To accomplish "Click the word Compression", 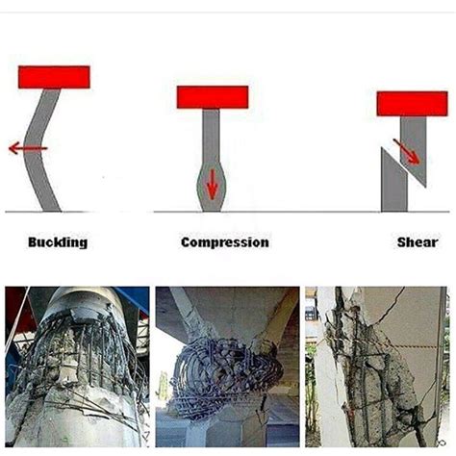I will point(224,242).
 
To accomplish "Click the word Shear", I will point(417,242).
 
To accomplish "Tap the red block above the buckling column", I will point(54,77).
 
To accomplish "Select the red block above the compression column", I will point(213,96).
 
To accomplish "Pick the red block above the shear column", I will point(412,103).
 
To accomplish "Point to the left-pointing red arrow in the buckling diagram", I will point(27,147).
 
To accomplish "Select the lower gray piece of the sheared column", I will point(393,183).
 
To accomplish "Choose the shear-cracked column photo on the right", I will point(377,367).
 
